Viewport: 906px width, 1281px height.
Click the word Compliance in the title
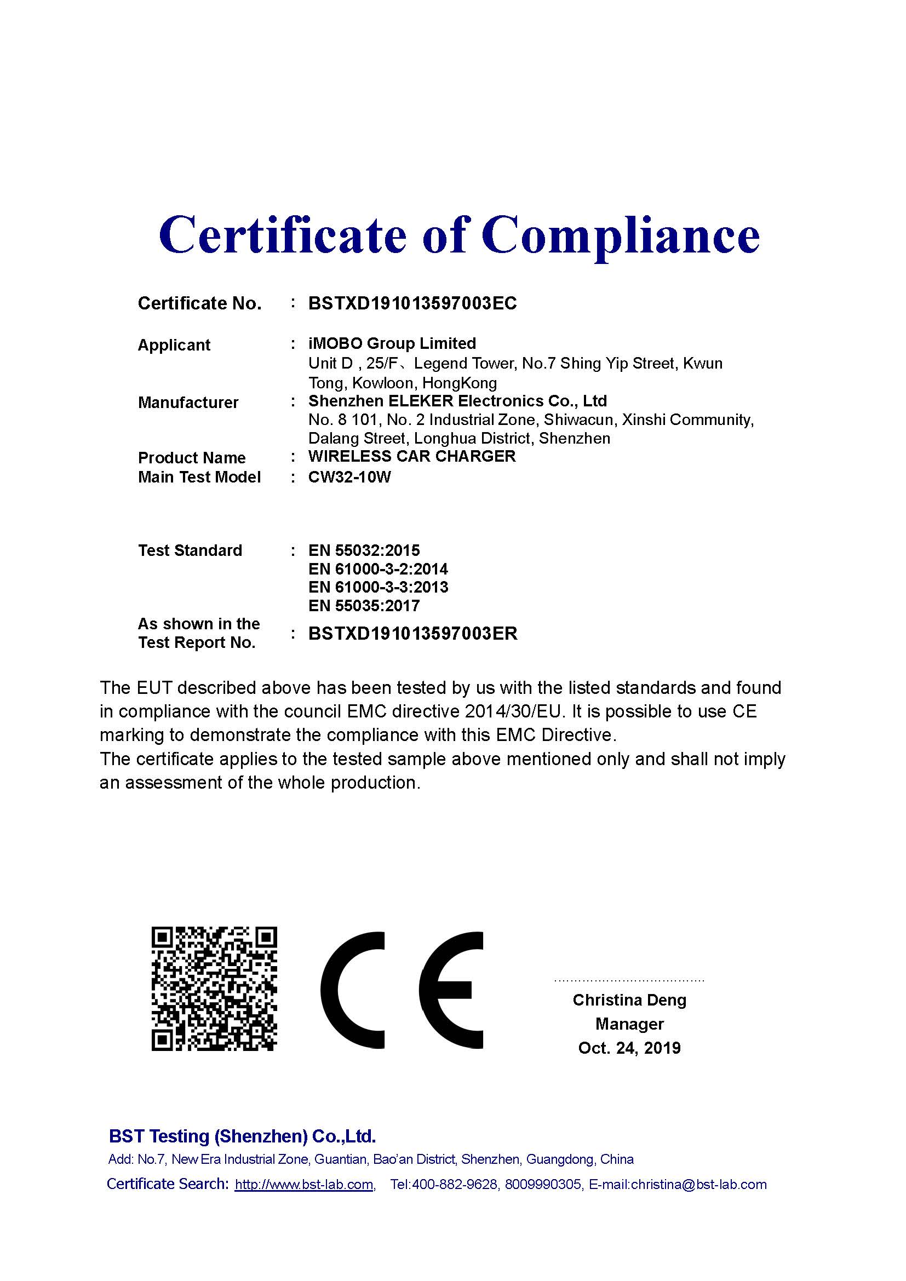tap(621, 235)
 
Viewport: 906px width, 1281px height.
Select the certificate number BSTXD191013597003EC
tap(412, 303)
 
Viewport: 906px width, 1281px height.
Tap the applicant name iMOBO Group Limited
tap(392, 343)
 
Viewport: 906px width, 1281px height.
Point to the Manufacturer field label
tap(188, 403)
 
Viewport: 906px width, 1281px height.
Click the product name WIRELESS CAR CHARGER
tap(412, 456)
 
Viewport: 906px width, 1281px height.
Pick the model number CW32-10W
tap(349, 477)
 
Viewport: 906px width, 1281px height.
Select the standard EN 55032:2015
tap(364, 550)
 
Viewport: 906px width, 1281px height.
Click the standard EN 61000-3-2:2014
tap(378, 569)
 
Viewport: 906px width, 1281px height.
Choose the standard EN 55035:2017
tap(364, 606)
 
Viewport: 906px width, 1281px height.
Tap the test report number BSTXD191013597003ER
tap(413, 634)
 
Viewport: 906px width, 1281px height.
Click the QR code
tap(214, 989)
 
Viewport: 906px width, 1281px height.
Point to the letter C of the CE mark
tap(353, 990)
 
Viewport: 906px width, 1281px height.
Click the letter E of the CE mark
tap(451, 990)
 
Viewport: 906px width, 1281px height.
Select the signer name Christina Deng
tap(629, 1000)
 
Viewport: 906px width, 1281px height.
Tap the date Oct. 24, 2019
tap(629, 1048)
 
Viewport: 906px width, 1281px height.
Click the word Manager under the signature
tap(629, 1024)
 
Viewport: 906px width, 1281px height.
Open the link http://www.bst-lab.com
tap(304, 1185)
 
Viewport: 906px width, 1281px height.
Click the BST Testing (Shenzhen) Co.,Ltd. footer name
tap(242, 1136)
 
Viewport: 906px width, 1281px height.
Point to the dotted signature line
tap(629, 980)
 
